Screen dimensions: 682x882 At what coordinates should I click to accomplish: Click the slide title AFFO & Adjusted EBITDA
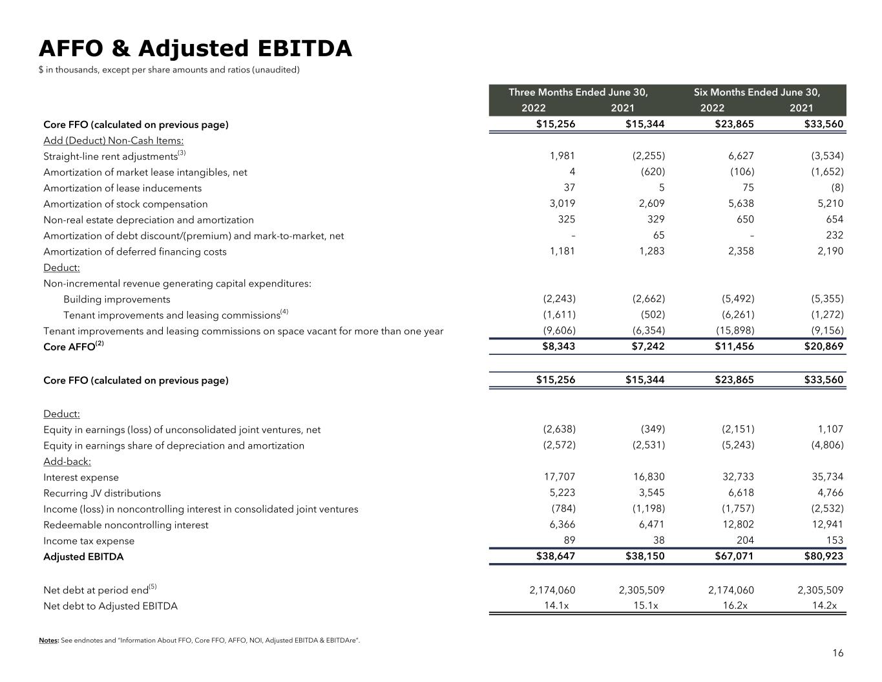195,48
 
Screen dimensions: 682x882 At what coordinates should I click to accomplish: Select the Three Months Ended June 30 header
578,92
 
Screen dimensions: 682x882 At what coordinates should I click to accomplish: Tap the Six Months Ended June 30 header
757,92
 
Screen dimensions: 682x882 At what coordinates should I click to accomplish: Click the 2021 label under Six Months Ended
801,108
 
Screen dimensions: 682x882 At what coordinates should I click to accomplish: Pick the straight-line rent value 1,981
562,156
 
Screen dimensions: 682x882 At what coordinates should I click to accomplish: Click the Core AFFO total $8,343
558,346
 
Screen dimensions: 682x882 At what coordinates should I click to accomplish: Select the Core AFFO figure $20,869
824,346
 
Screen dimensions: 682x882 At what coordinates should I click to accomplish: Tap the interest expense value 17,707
559,477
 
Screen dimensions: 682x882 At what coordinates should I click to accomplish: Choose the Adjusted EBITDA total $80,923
824,556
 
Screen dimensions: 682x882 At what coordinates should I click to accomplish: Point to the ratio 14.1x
560,606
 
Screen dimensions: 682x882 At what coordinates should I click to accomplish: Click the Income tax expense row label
89,541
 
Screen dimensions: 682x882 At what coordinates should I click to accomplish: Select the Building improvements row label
117,299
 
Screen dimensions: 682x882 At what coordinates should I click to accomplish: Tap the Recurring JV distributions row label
102,493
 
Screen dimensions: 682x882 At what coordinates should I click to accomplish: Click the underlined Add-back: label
67,462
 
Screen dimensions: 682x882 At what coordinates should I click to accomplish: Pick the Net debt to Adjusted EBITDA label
110,606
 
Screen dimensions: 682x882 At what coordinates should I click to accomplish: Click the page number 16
837,653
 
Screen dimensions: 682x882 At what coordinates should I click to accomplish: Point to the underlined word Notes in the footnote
48,641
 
